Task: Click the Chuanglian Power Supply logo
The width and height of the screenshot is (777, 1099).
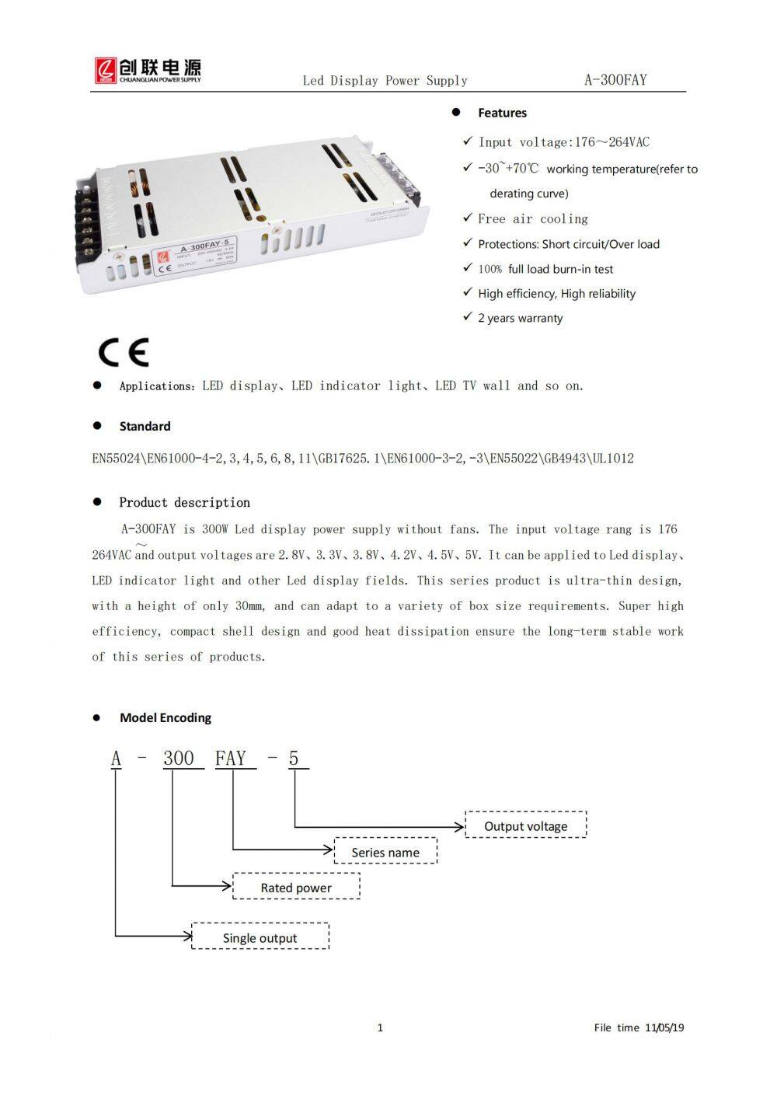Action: pos(148,70)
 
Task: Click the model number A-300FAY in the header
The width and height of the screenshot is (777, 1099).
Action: pos(615,79)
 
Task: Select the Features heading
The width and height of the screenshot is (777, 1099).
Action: pos(502,113)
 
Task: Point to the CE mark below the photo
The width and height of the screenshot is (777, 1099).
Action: pos(124,352)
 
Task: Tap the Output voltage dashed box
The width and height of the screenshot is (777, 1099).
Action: pos(525,825)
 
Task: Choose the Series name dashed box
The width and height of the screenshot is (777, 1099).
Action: pos(385,852)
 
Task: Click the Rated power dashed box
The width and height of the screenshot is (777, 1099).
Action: pos(296,887)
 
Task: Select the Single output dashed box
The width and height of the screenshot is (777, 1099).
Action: pos(260,937)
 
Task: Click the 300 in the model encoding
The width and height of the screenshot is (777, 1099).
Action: pos(179,759)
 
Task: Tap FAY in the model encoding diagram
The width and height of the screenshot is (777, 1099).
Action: pos(231,759)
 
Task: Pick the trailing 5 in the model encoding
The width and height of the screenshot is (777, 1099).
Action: pos(294,759)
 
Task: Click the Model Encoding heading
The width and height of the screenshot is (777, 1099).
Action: pos(165,717)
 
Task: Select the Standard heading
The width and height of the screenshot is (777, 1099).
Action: pos(145,426)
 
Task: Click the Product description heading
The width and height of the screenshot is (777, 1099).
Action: pos(184,502)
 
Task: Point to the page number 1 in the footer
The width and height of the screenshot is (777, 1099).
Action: pos(380,1027)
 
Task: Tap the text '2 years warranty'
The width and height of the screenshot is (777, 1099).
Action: pos(520,318)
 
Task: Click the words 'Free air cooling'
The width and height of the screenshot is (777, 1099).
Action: pos(533,219)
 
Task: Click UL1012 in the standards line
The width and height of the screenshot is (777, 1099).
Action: pos(613,459)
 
